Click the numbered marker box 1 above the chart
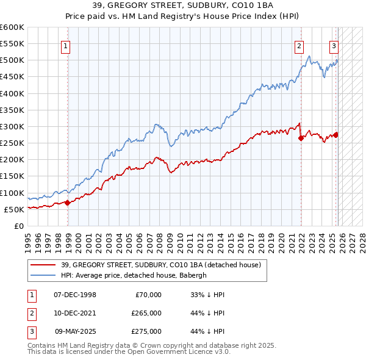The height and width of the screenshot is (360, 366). coord(65,45)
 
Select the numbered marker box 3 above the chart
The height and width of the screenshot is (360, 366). coord(334,45)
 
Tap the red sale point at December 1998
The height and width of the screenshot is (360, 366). coord(67,203)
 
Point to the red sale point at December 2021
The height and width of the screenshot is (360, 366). coord(301,139)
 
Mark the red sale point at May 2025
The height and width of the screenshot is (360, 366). coord(336,135)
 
